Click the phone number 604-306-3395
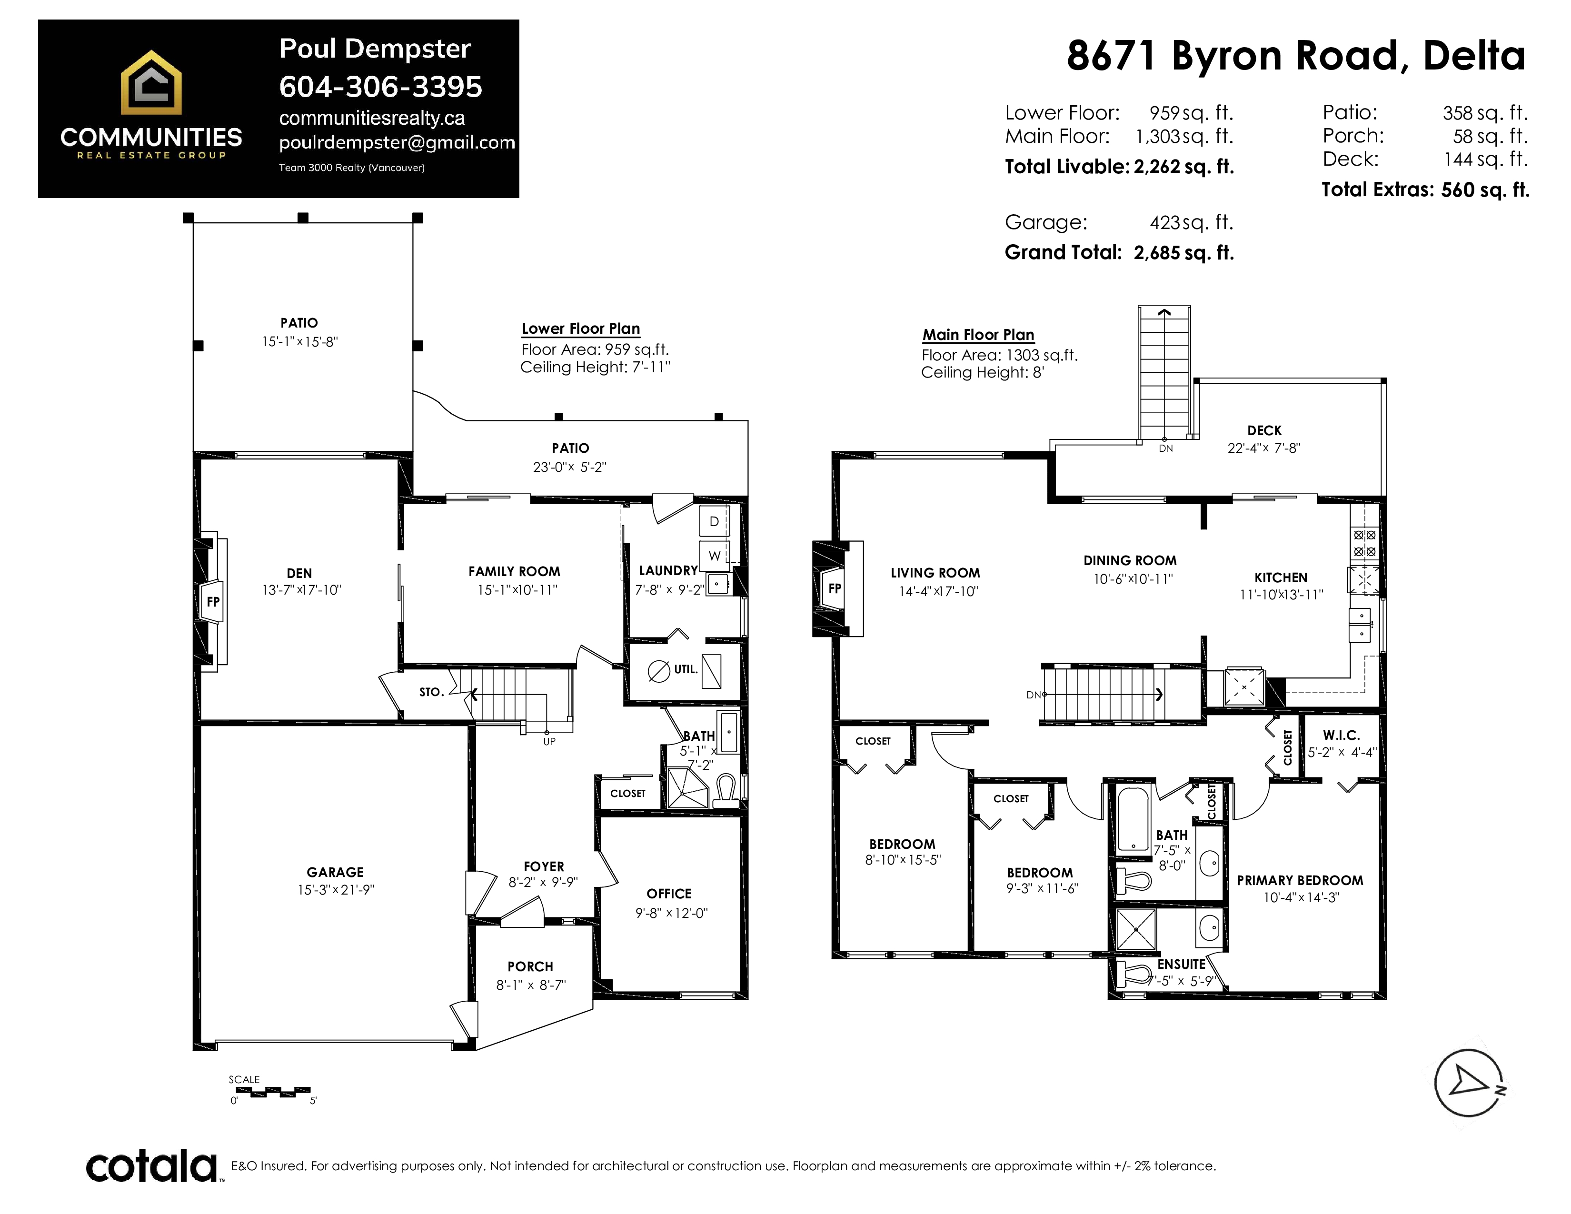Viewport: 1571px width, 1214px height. pyautogui.click(x=380, y=87)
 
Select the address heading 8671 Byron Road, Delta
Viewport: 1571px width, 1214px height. pyautogui.click(x=1295, y=56)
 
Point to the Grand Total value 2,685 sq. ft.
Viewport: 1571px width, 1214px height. pyautogui.click(x=1184, y=252)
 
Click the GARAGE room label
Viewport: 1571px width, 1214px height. pyautogui.click(x=335, y=872)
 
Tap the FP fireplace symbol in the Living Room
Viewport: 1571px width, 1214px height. pyautogui.click(x=835, y=588)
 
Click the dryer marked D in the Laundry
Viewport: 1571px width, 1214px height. pyautogui.click(x=714, y=521)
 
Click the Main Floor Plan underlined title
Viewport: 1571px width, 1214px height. pyautogui.click(x=978, y=334)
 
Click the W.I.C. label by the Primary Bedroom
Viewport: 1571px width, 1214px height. pyautogui.click(x=1342, y=735)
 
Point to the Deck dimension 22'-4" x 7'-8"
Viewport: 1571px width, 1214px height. pyautogui.click(x=1264, y=448)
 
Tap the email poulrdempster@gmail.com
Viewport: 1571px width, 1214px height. pyautogui.click(x=397, y=142)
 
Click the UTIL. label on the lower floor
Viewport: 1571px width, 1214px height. pyautogui.click(x=686, y=669)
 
